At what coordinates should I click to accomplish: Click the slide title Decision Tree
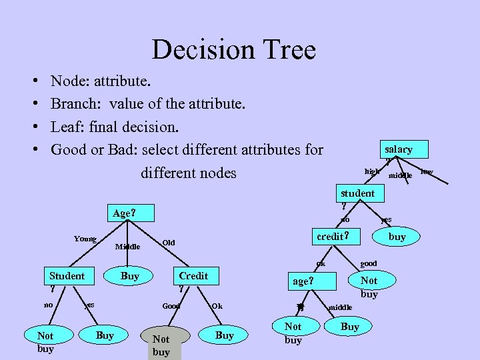point(233,50)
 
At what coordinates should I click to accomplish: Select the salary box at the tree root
point(398,149)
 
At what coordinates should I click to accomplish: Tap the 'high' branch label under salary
point(372,171)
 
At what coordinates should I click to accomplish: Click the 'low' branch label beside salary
point(427,171)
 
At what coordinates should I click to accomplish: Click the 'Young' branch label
point(85,239)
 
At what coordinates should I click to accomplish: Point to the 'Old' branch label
point(169,242)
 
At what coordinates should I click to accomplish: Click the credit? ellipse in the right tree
point(331,237)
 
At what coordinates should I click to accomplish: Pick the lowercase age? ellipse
point(302,281)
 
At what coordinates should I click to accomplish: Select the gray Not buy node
point(161,345)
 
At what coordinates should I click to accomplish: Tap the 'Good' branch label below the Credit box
point(171,306)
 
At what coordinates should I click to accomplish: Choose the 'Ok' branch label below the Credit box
point(217,306)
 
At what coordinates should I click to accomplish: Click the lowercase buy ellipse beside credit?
point(397,237)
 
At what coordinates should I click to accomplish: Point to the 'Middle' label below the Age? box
point(127,247)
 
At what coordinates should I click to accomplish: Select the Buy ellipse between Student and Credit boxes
point(130,276)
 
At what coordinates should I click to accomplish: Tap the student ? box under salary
point(358,194)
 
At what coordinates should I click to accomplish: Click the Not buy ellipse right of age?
point(369,287)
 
